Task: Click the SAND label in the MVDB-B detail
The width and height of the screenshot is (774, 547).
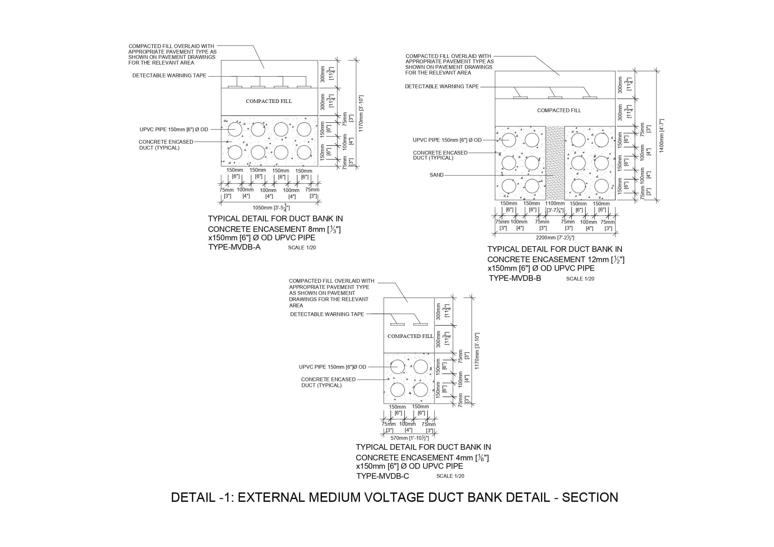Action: tap(436, 175)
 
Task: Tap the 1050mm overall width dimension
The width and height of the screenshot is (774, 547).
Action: tap(271, 208)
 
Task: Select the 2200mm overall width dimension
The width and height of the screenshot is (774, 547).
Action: tap(555, 238)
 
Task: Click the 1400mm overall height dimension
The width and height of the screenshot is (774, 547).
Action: tap(662, 135)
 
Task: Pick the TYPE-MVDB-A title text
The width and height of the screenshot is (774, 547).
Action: tap(234, 247)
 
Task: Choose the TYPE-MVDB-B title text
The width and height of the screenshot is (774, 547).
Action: tap(515, 278)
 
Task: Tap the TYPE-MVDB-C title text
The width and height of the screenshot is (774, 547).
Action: tap(382, 476)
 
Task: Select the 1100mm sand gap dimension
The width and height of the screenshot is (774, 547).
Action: tap(555, 204)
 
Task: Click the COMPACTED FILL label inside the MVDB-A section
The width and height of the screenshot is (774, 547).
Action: tap(269, 101)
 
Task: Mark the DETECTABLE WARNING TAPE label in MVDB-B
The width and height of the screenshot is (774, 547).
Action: tap(442, 87)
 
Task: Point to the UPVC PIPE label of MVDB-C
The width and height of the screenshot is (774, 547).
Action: tap(332, 367)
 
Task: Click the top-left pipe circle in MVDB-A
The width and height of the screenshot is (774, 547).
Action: tap(235, 130)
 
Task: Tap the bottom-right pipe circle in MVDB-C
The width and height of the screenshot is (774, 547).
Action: tap(420, 390)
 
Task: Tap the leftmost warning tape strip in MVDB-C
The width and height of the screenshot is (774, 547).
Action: tap(397, 324)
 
